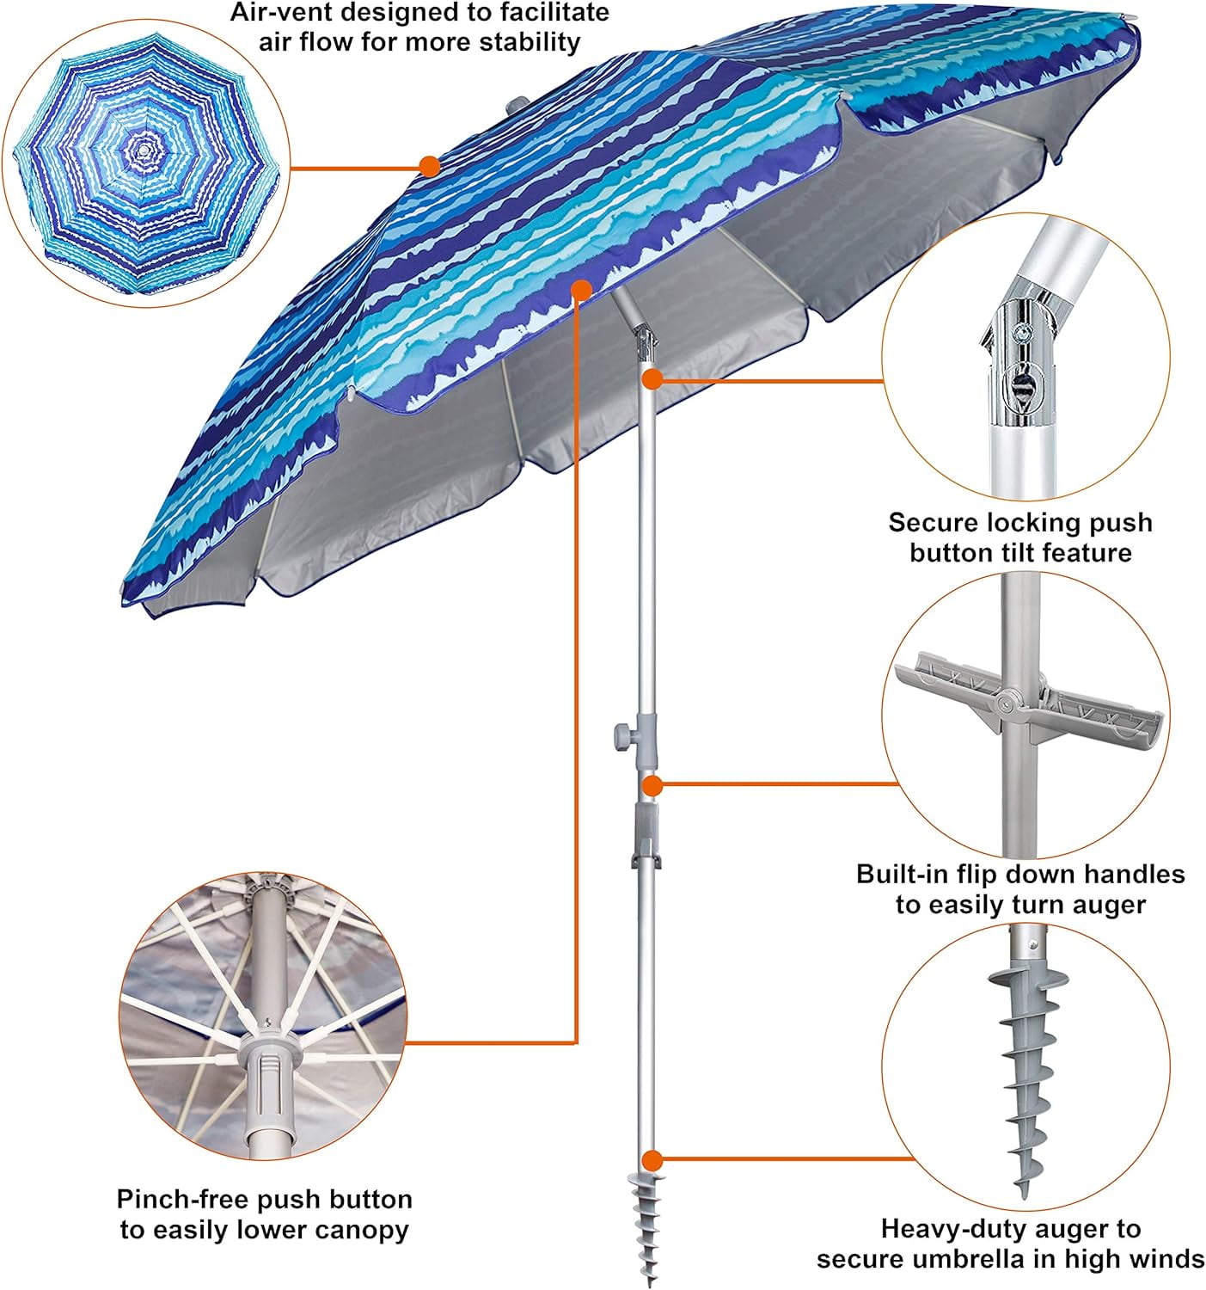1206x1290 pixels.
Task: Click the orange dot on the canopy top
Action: tap(429, 166)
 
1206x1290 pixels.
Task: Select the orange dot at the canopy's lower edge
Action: tap(580, 290)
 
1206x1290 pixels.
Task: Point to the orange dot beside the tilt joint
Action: tap(653, 379)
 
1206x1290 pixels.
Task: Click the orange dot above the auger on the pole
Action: tap(653, 1160)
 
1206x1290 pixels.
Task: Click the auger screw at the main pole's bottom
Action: tap(646, 1227)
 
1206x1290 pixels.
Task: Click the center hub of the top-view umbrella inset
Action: tap(142, 150)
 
